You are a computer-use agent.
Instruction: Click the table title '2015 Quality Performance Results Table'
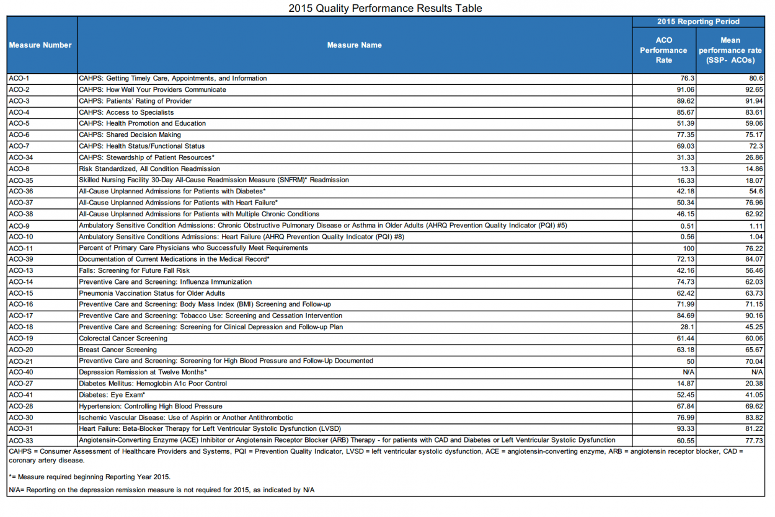[x=385, y=8]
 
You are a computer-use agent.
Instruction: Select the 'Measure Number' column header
[x=40, y=45]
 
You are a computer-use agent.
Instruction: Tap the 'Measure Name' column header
[x=354, y=45]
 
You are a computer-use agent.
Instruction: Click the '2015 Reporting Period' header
[x=698, y=22]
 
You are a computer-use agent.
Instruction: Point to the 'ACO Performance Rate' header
[x=663, y=50]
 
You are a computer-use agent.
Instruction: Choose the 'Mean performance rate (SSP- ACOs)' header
[x=730, y=50]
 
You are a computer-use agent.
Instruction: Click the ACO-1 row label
[x=19, y=79]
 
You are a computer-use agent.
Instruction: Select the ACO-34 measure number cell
[x=21, y=157]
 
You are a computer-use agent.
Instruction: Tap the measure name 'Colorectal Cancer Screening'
[x=123, y=338]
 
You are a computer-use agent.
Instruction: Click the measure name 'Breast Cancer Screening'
[x=118, y=350]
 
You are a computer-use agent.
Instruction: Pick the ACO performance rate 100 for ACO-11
[x=688, y=248]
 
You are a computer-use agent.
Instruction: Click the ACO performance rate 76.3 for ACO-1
[x=687, y=79]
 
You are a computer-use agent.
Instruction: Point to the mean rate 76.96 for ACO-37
[x=754, y=203]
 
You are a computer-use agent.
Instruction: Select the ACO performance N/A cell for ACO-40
[x=688, y=373]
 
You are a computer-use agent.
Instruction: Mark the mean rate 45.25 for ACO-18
[x=754, y=327]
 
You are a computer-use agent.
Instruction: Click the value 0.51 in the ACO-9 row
[x=687, y=226]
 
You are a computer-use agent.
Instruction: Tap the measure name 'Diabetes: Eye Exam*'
[x=112, y=395]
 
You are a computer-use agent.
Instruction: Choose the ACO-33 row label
[x=21, y=440]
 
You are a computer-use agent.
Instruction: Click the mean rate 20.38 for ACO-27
[x=754, y=384]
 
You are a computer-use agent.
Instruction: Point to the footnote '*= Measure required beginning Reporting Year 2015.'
[x=89, y=477]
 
